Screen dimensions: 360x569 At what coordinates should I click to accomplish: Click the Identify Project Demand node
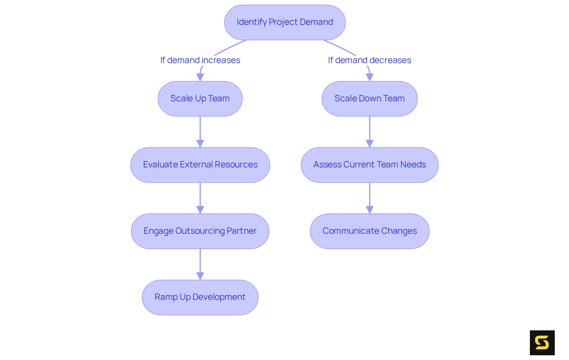click(284, 22)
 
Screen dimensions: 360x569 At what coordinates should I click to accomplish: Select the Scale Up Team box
click(200, 99)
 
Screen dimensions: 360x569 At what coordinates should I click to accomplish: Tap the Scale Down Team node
click(370, 99)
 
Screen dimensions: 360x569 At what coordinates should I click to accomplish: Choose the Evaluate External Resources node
click(200, 165)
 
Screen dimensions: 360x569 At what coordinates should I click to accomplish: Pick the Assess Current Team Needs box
click(370, 165)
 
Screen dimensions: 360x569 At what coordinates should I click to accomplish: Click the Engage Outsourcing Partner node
click(200, 231)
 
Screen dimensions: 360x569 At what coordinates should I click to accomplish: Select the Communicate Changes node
click(370, 231)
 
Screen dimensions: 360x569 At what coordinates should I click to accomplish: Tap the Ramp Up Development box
click(200, 297)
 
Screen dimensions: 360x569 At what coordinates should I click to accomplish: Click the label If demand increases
click(200, 60)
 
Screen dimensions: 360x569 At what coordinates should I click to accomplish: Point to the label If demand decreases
click(370, 60)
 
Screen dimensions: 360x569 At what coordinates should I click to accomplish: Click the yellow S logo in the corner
click(542, 343)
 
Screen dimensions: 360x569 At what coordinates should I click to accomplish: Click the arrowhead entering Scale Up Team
click(200, 77)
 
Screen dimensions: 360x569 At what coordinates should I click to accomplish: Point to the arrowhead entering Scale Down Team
click(370, 77)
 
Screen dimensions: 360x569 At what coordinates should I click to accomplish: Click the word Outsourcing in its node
click(200, 231)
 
